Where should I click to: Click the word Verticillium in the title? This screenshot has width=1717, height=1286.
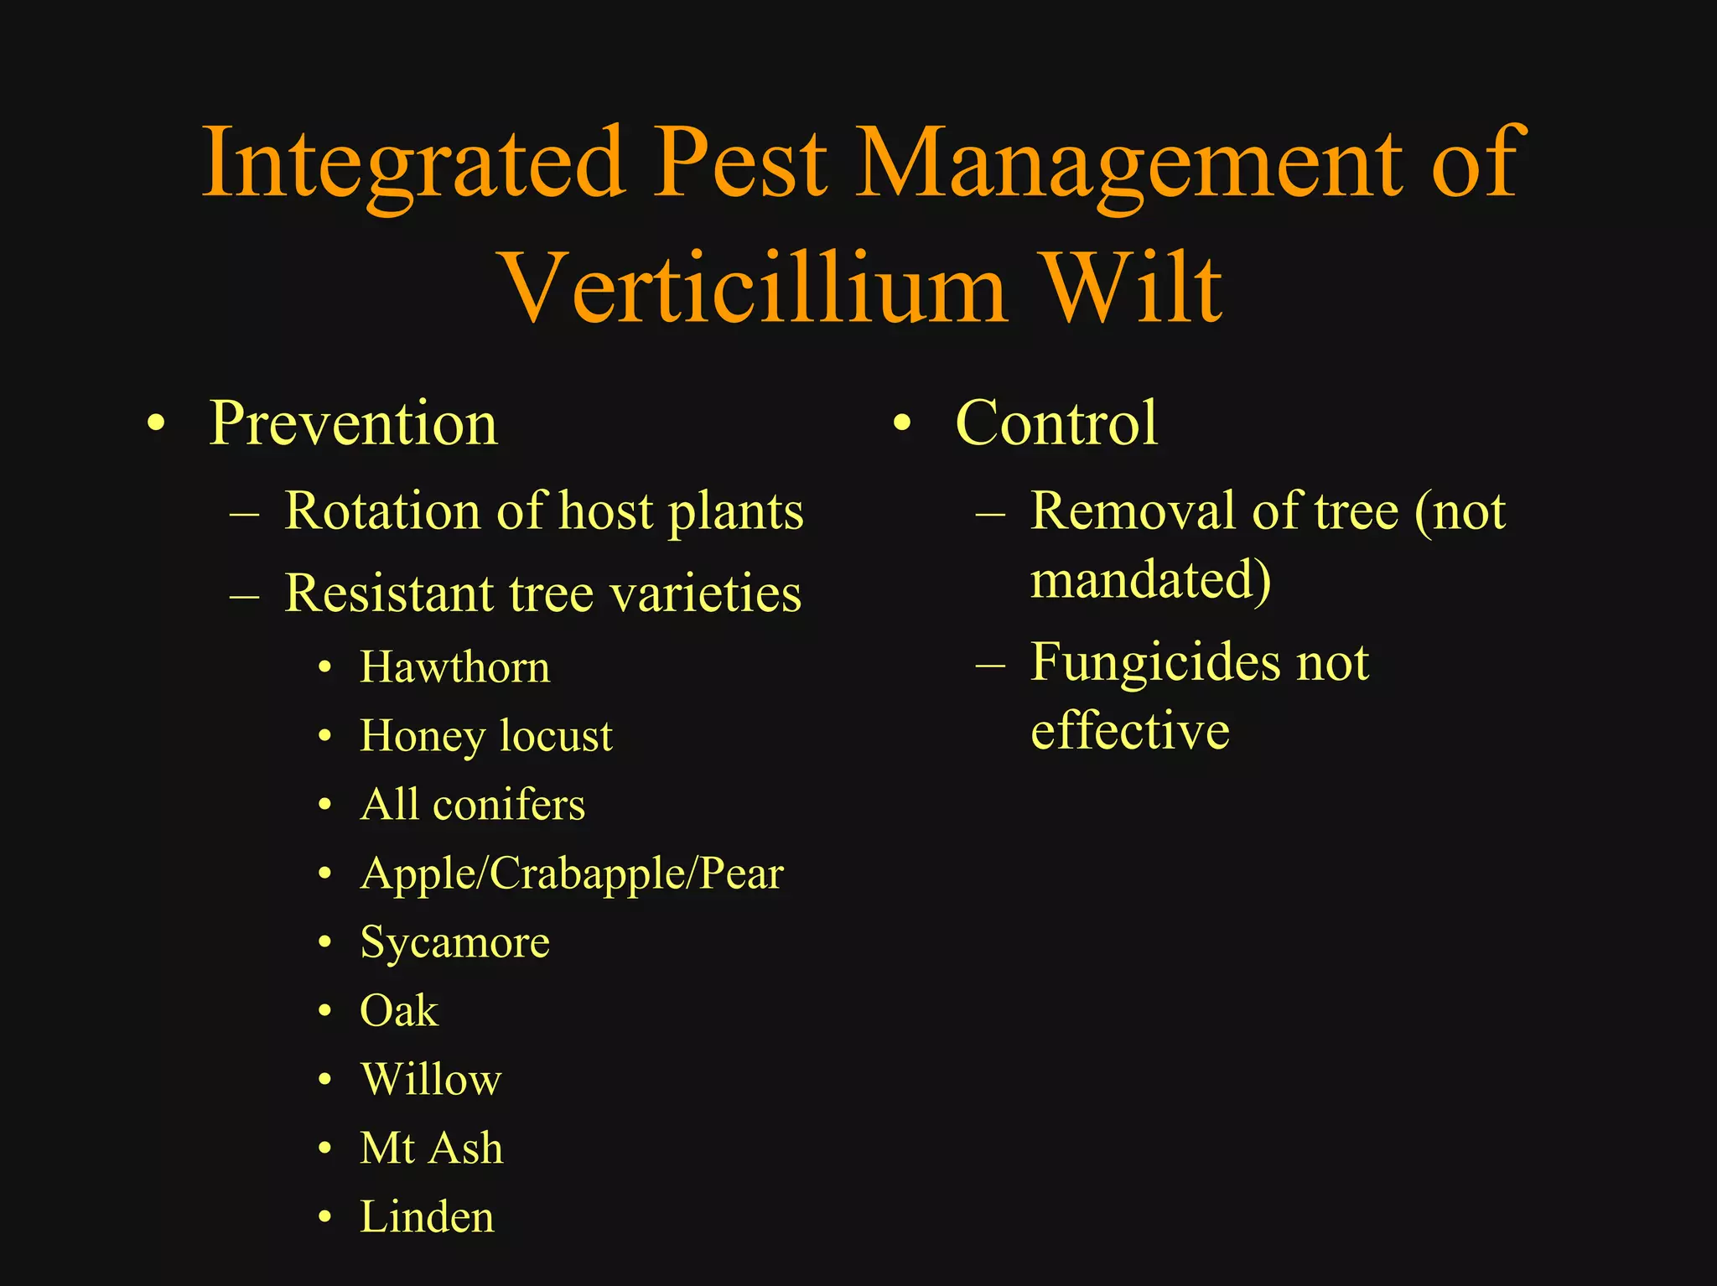(x=752, y=288)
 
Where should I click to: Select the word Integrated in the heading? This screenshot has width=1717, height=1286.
(x=413, y=161)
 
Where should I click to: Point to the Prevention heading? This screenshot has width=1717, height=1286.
(x=353, y=423)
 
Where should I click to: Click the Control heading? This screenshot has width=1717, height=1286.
(x=1056, y=423)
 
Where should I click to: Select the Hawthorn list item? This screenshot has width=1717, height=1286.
(x=455, y=667)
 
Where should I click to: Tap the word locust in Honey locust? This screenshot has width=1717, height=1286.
(x=556, y=736)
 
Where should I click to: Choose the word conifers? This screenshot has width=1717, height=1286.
(x=509, y=805)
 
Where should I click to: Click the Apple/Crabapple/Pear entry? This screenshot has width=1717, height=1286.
(x=572, y=874)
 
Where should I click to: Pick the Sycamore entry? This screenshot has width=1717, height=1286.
(x=455, y=943)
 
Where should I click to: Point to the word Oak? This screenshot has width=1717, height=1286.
(x=399, y=1011)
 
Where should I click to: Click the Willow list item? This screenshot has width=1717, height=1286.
(x=431, y=1080)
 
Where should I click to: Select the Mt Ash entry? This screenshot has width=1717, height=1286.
(x=432, y=1149)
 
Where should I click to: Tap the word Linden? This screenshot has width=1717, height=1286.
(x=428, y=1217)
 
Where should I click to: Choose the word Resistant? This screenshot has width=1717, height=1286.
(x=389, y=594)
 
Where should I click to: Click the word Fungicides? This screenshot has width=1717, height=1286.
(x=1155, y=662)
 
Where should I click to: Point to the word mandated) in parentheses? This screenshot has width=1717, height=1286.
(x=1150, y=580)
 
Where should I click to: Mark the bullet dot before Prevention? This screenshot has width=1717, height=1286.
(x=155, y=424)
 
